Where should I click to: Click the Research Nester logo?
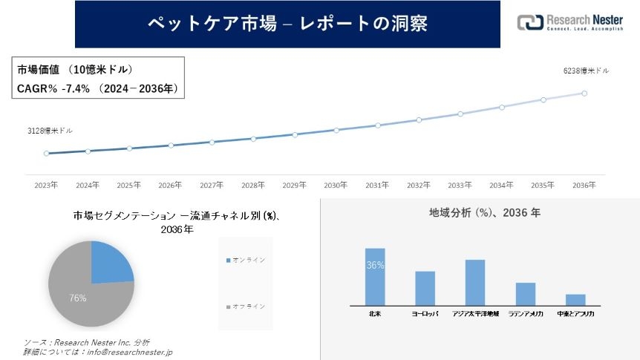coord(569,23)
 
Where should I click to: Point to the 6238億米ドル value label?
coord(587,71)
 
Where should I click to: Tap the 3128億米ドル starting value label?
coord(50,131)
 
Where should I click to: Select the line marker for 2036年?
coord(584,94)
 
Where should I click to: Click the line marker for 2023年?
coord(46,154)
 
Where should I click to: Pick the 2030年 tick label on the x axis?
coord(336,185)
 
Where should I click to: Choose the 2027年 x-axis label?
coord(212,185)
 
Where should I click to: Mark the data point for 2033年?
coord(460,114)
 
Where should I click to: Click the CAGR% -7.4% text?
coord(53,88)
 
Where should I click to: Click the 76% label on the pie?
coord(78,298)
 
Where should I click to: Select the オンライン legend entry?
coord(248,261)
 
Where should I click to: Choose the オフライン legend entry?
coord(248,307)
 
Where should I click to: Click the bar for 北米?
coord(375,276)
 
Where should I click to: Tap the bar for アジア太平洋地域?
coord(474,282)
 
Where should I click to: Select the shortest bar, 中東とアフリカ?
coord(575,299)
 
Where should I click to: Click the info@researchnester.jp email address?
coord(131,352)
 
